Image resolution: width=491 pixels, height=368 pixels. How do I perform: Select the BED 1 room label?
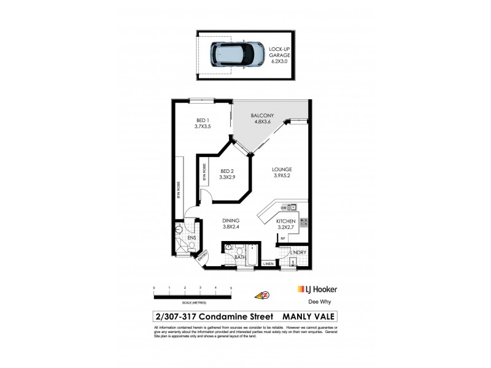point(203,123)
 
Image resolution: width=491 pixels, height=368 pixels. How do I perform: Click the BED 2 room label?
point(226,174)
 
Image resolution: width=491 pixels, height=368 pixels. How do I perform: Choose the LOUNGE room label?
point(282,172)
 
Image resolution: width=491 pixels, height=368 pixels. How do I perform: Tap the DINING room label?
point(231,223)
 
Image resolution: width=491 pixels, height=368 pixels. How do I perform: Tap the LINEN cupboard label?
point(268,264)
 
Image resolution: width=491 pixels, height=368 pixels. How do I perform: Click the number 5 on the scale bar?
point(231,288)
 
